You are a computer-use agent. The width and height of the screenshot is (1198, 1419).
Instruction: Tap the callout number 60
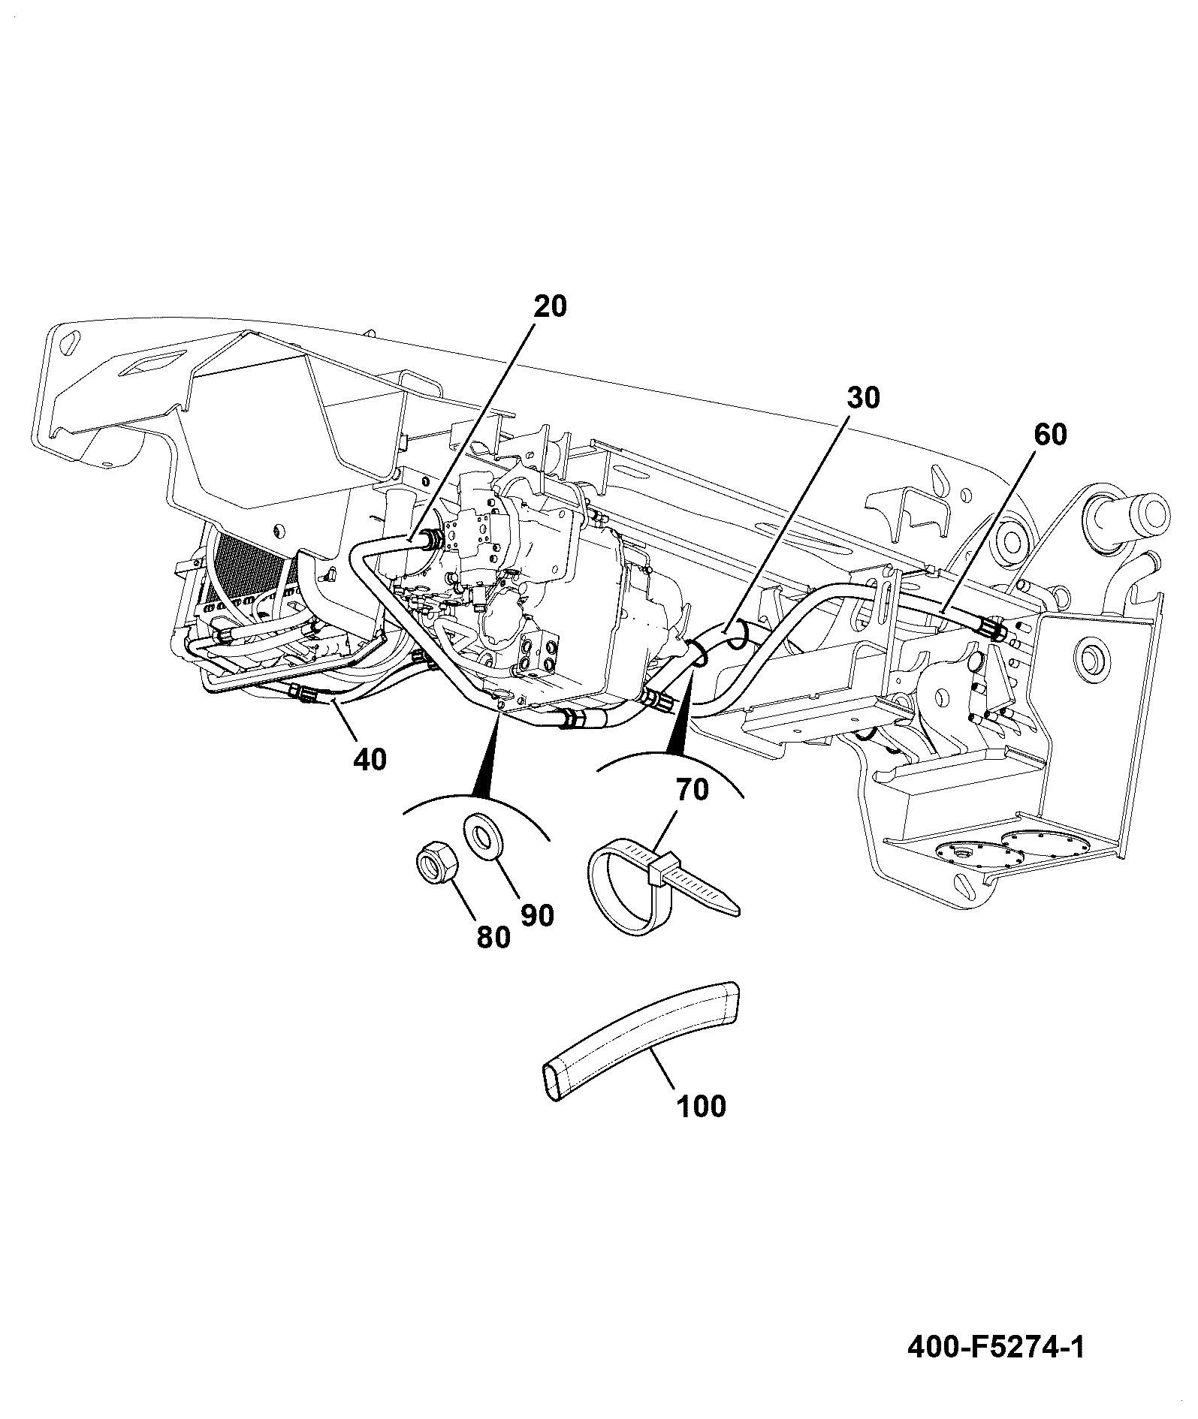point(1049,435)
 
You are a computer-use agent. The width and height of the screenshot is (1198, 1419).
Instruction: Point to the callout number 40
point(370,759)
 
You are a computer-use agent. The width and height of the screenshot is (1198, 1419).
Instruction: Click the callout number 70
point(692,790)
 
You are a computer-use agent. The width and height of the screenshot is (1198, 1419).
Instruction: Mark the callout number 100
point(701,1106)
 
